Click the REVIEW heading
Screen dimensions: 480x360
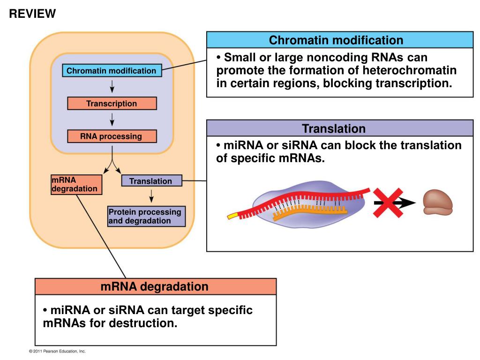(x=32, y=14)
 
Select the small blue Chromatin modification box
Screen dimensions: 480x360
(x=112, y=70)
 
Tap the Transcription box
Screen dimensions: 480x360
(x=112, y=104)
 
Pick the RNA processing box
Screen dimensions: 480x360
(x=112, y=136)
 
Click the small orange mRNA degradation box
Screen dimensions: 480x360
(x=76, y=185)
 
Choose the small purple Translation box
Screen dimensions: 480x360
(x=152, y=181)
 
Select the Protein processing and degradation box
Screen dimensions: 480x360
(x=146, y=217)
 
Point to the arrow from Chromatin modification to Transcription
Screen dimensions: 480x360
(x=112, y=86)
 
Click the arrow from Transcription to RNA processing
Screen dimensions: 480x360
(x=112, y=120)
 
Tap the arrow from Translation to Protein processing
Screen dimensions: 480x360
(x=151, y=196)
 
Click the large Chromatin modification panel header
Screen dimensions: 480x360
(x=340, y=40)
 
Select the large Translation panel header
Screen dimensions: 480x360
(x=340, y=128)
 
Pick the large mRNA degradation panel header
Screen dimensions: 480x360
(x=156, y=287)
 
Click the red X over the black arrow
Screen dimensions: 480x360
(x=388, y=203)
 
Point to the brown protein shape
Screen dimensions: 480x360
(x=437, y=202)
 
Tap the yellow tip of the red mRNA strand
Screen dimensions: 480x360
(x=232, y=216)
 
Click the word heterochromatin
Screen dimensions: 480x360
(x=410, y=70)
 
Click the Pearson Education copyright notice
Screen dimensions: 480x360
(x=57, y=351)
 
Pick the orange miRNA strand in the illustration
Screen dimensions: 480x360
(x=310, y=212)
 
